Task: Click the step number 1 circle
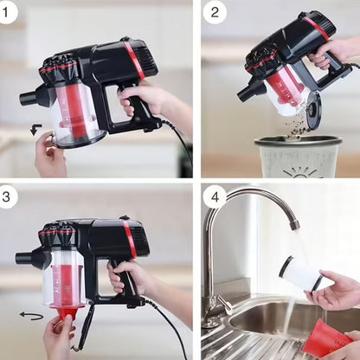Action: pyautogui.click(x=7, y=13)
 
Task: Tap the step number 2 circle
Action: pyautogui.click(x=215, y=12)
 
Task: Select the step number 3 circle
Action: pyautogui.click(x=7, y=196)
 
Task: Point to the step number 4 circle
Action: pyautogui.click(x=215, y=197)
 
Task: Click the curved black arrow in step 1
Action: pyautogui.click(x=35, y=129)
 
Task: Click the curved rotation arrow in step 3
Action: pyautogui.click(x=31, y=316)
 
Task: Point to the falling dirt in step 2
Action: pyautogui.click(x=296, y=125)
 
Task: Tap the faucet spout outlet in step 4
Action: pyautogui.click(x=295, y=224)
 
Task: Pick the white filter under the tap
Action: pyautogui.click(x=302, y=273)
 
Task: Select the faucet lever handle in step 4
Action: pyautogui.click(x=225, y=305)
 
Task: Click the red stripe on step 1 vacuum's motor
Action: pyautogui.click(x=134, y=60)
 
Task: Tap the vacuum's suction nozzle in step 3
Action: pyautogui.click(x=25, y=257)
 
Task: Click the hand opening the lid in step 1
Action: pyautogui.click(x=49, y=154)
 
